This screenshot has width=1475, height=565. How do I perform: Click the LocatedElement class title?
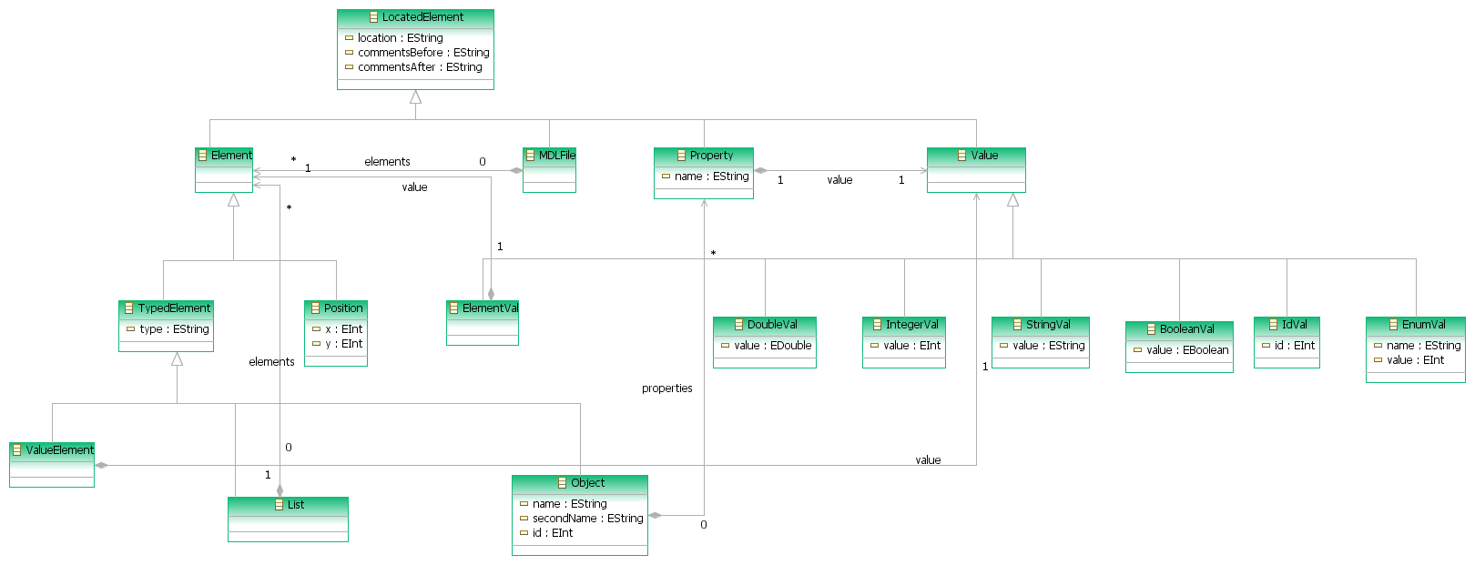[422, 17]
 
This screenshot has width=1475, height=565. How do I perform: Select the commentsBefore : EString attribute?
[423, 53]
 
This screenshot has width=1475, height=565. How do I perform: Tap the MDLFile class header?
[557, 156]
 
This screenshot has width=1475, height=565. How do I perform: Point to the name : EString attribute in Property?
[712, 177]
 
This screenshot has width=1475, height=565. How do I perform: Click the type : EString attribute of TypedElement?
[174, 328]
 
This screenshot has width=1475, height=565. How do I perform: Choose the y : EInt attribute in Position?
[344, 344]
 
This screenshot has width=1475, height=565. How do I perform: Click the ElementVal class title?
[490, 308]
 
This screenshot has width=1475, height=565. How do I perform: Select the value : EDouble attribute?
[772, 346]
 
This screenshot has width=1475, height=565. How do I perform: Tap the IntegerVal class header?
[912, 324]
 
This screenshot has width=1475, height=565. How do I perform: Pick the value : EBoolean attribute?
[1187, 350]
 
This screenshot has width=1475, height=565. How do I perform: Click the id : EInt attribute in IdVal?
[1295, 346]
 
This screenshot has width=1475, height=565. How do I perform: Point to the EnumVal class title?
[1424, 324]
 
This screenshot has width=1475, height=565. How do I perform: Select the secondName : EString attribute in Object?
[588, 519]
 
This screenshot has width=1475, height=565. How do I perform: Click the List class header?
[296, 504]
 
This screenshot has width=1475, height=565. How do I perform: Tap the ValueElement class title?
[59, 449]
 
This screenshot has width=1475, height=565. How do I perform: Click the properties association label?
[667, 388]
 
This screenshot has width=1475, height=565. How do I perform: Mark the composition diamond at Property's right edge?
[760, 170]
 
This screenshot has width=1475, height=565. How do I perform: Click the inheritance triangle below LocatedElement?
[415, 96]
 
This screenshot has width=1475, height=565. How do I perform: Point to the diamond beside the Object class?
[656, 515]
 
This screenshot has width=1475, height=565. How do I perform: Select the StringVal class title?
[1048, 324]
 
